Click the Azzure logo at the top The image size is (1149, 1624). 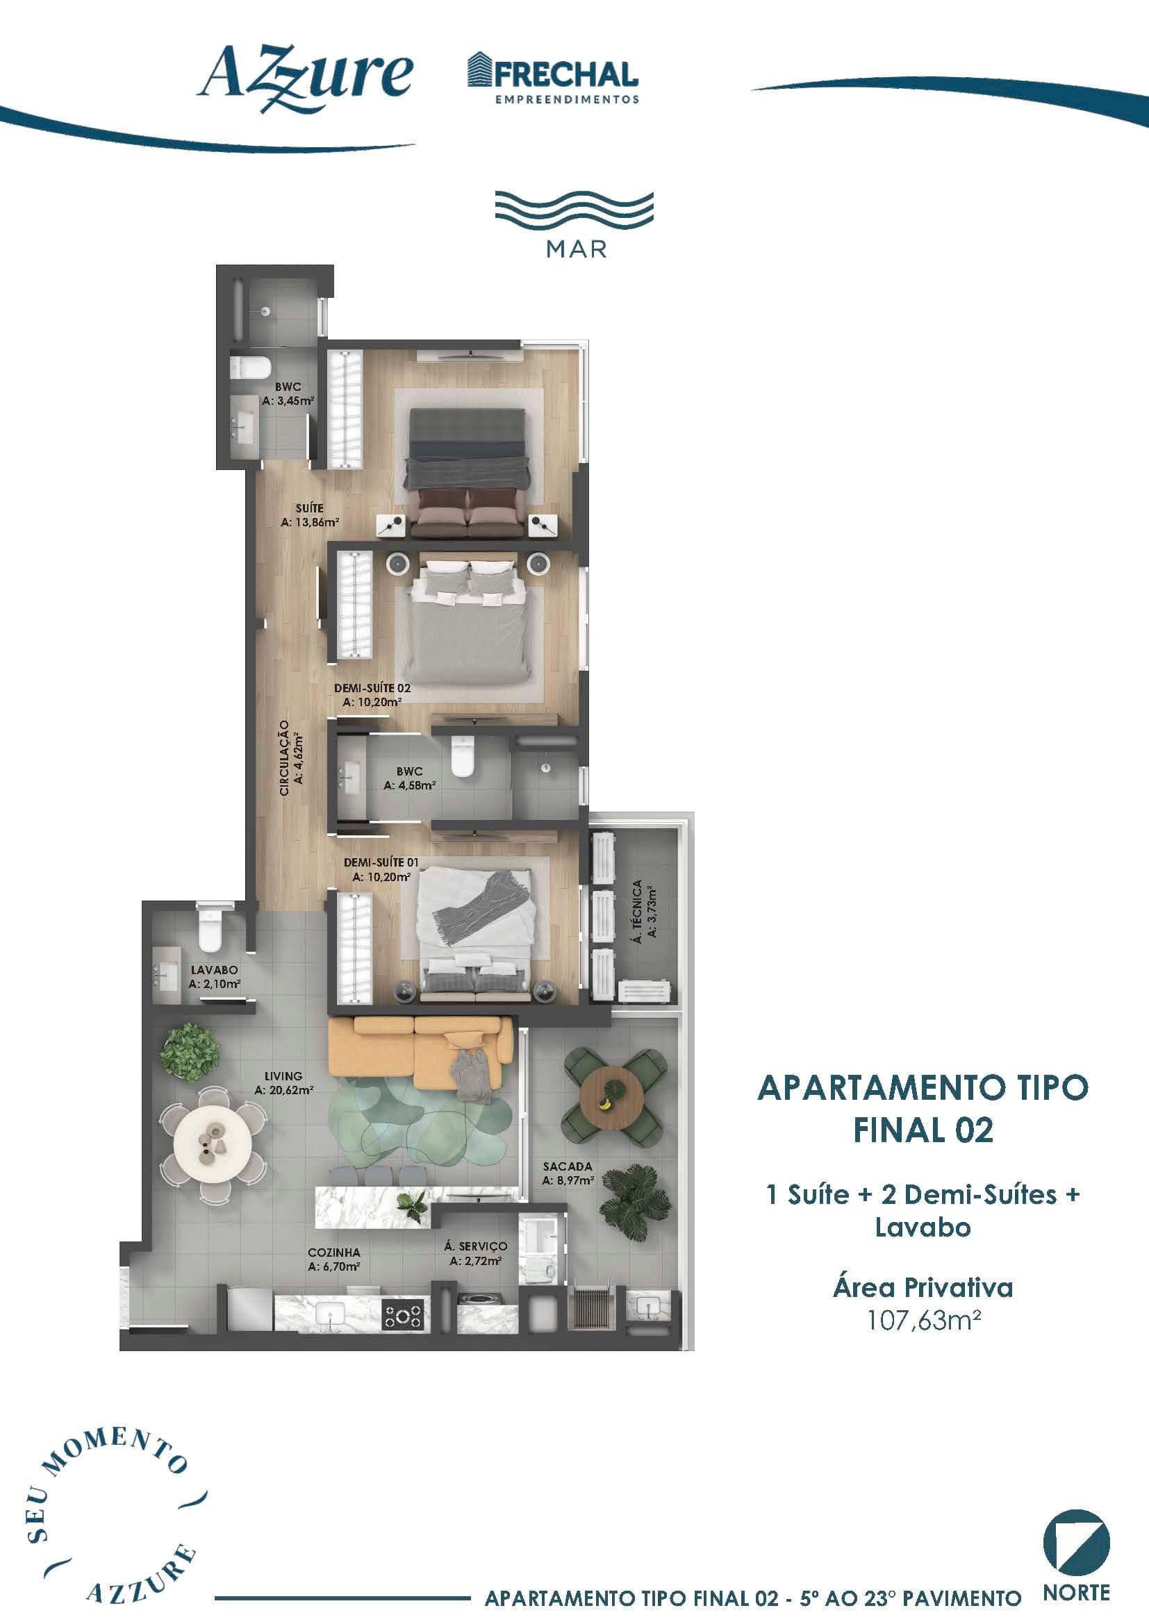305,78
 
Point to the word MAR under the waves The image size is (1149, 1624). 576,250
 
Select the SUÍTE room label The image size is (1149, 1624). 309,508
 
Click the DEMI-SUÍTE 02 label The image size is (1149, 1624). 372,687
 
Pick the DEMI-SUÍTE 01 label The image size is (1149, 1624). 381,862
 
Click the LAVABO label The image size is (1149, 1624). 214,970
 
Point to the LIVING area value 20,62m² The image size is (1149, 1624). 283,1090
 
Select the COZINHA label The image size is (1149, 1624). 334,1253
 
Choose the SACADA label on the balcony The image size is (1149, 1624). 568,1166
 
